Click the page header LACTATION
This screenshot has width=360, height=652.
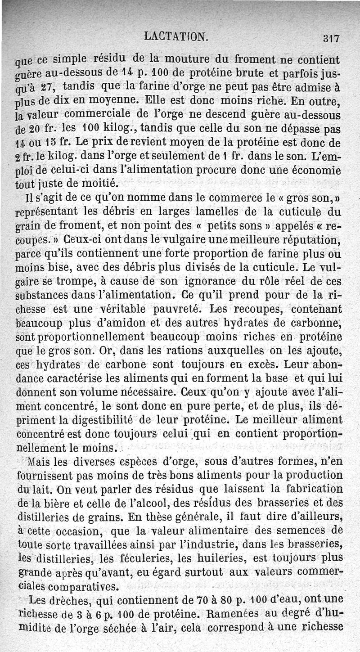tap(176, 36)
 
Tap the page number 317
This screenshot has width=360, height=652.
tap(331, 38)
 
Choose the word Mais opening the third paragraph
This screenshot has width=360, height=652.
tap(39, 462)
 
